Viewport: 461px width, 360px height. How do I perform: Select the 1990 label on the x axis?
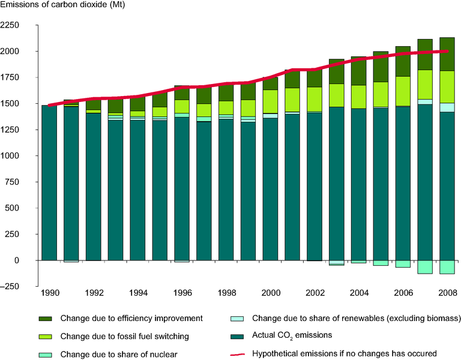pos(49,293)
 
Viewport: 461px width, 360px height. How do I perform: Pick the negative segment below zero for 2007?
pos(426,267)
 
